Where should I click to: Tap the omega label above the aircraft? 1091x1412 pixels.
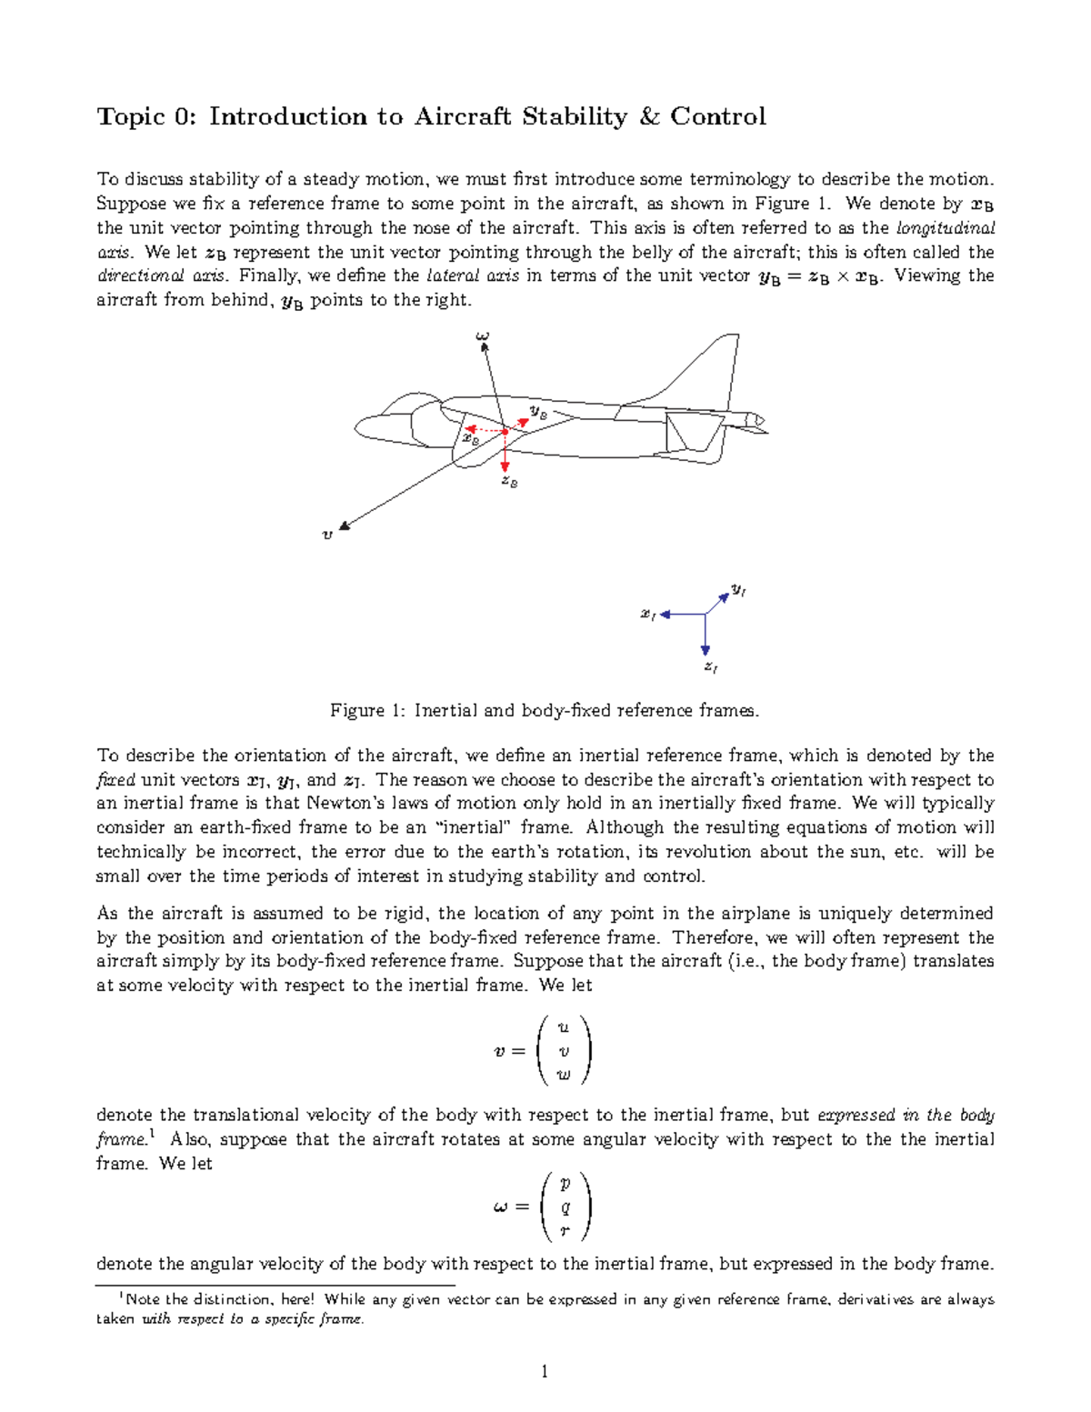[x=482, y=337]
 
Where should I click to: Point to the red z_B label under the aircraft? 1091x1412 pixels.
[x=509, y=482]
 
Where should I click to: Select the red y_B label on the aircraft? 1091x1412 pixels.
[x=538, y=412]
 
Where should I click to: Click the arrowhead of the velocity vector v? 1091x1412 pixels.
[x=345, y=526]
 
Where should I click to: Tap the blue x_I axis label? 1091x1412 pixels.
[x=647, y=616]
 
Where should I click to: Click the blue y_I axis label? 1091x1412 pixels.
[x=738, y=591]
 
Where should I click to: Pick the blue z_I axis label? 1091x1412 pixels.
[x=711, y=667]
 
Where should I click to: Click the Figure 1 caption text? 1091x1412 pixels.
[x=544, y=711]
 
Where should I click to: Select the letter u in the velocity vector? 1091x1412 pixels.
[x=564, y=1027]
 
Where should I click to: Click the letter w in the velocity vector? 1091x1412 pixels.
[x=564, y=1075]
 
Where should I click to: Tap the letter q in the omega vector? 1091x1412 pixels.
[x=566, y=1207]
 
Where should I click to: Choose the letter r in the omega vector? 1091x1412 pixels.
[x=565, y=1231]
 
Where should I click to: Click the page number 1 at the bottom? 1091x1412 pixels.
[x=545, y=1372]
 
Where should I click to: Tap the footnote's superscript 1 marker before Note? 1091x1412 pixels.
[x=121, y=1297]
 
